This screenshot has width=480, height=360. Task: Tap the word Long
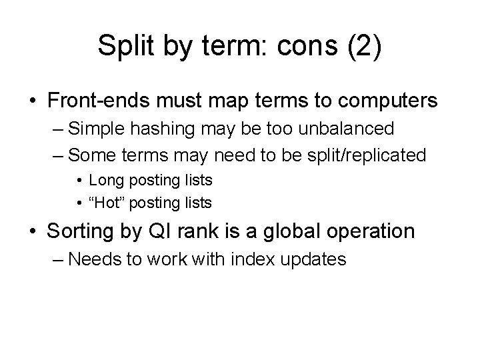104,179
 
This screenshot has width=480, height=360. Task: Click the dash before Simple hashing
57,128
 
